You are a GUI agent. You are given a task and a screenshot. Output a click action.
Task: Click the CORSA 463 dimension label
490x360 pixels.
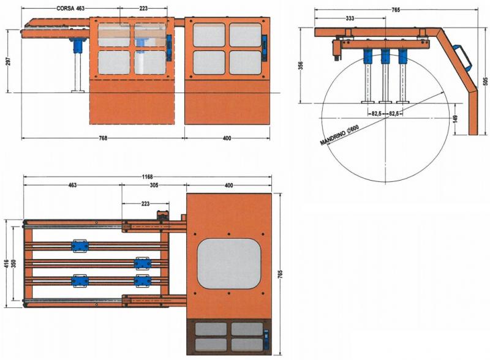click(x=70, y=9)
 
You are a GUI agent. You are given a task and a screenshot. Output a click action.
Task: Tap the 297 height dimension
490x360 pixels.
click(x=9, y=61)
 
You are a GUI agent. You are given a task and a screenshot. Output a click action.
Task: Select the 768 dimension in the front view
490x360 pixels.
click(x=103, y=138)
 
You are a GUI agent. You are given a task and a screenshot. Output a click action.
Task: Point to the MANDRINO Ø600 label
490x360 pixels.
click(x=340, y=135)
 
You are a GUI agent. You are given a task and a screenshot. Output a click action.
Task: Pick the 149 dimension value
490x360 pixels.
click(x=455, y=119)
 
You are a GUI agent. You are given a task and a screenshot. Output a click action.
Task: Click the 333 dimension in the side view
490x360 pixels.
click(x=350, y=18)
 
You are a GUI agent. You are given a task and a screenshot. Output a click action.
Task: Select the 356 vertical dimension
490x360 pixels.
click(x=301, y=66)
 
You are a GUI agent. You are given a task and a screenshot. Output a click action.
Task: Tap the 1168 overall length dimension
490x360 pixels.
click(x=147, y=177)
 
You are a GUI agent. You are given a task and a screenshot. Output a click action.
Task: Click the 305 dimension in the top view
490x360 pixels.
click(x=154, y=185)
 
